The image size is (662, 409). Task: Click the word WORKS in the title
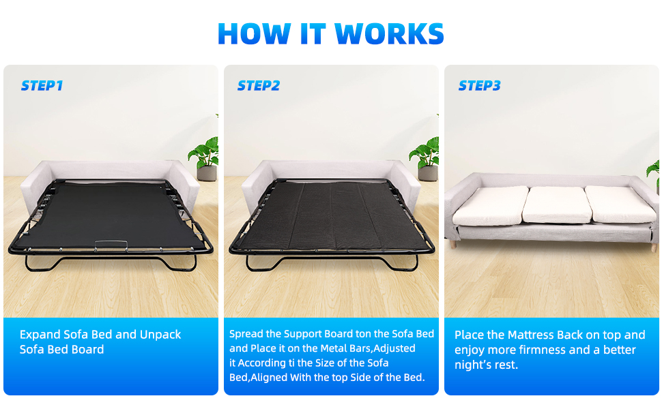click(389, 33)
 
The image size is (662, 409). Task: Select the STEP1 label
click(42, 86)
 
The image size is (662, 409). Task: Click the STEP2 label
click(258, 86)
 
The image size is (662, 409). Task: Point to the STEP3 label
click(479, 86)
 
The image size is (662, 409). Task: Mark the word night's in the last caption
click(474, 365)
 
